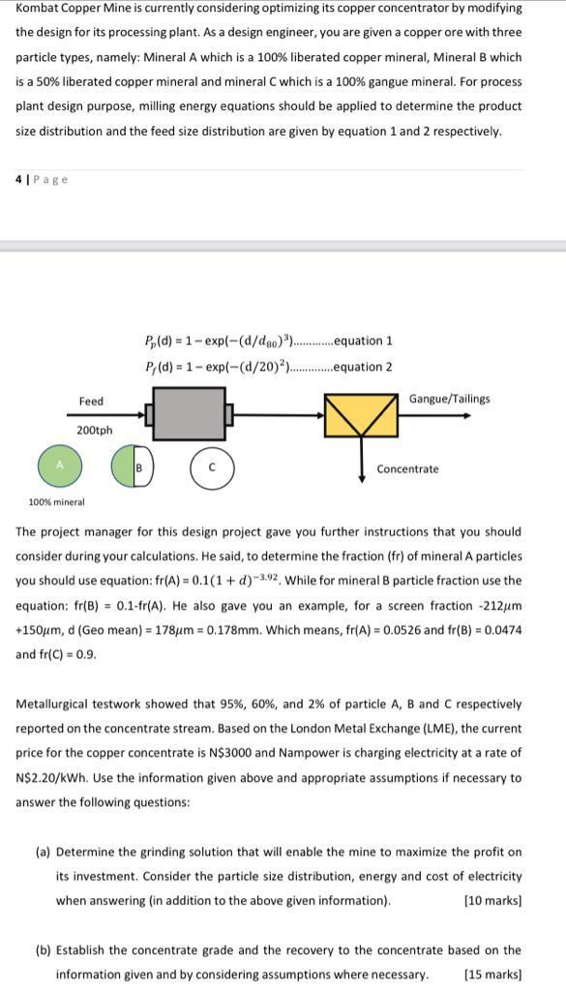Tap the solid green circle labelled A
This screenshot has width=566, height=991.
click(58, 465)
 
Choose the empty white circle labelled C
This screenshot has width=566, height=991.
click(211, 466)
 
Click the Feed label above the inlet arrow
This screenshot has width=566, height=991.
click(91, 401)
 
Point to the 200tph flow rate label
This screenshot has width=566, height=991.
click(94, 430)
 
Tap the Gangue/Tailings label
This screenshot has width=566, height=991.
click(449, 399)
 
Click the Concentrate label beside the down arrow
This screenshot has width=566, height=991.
click(407, 469)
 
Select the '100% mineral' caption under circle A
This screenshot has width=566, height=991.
click(56, 502)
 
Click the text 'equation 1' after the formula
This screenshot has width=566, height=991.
click(362, 341)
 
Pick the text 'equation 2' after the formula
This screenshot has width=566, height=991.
click(362, 367)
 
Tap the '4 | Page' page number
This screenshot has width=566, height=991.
click(42, 179)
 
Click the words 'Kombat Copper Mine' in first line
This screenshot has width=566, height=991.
click(64, 8)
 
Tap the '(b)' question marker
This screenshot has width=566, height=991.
click(43, 950)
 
